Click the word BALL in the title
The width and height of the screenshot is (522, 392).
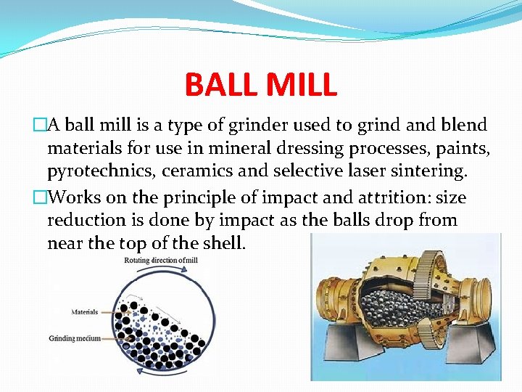[x=220, y=84]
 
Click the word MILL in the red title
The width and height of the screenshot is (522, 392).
[x=300, y=84]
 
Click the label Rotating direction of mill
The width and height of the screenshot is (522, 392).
[x=162, y=260]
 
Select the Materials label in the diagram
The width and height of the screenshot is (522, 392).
[x=85, y=312]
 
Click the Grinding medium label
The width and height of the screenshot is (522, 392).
[x=75, y=338]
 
